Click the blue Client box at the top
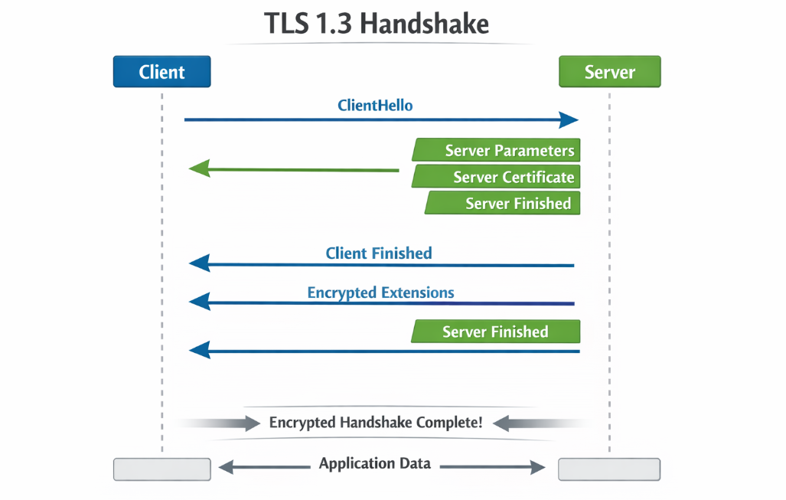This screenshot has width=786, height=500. pos(161,72)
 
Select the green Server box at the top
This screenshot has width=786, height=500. pos(609,72)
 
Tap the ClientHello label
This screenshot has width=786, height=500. pos(375,106)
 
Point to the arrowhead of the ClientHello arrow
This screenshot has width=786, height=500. pos(569,119)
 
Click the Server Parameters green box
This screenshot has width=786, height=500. pos(497,150)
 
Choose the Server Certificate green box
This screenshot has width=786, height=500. pos(497,177)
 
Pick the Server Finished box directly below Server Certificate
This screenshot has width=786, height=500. pos(504,203)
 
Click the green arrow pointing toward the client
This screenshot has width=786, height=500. pos(295,169)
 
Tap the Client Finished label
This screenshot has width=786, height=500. pos(379,253)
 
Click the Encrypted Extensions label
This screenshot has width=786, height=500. pos(380,292)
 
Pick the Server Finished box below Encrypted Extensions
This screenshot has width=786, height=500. pos(496,332)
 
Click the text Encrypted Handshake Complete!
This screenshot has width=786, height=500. pos(376,422)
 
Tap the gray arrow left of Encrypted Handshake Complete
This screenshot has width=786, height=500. pos(222,423)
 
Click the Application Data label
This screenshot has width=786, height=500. pos(375,463)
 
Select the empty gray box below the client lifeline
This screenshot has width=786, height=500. pos(161,469)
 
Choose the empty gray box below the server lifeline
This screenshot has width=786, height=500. pos(609,469)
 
